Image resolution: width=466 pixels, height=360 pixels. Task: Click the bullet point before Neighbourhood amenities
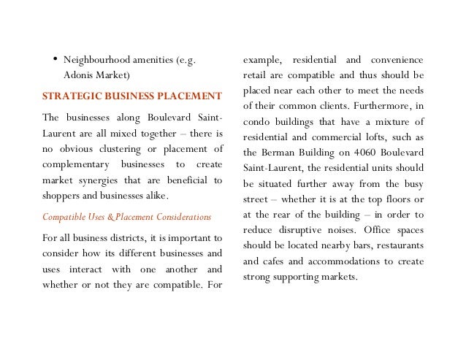pyautogui.click(x=56, y=59)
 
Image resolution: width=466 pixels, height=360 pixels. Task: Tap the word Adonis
pyautogui.click(x=80, y=75)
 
